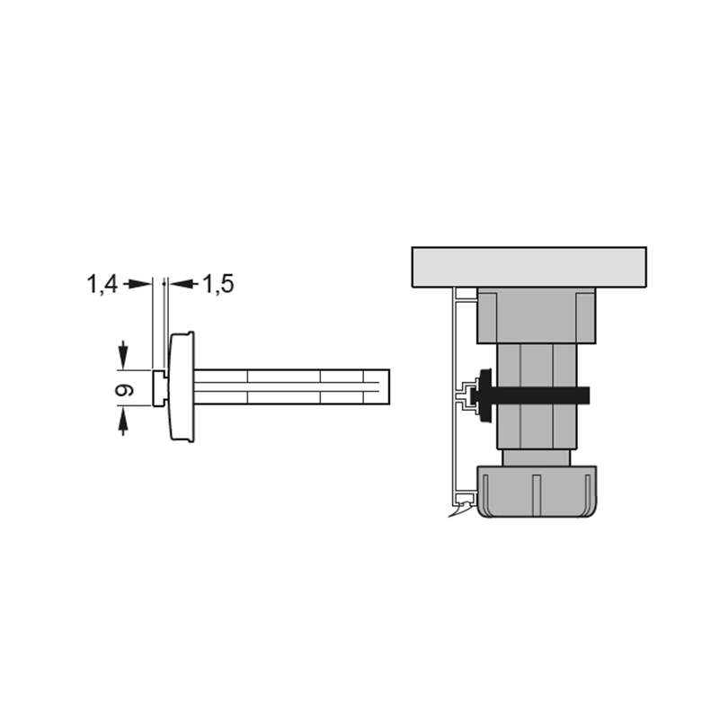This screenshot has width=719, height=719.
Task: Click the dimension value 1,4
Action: pos(102,284)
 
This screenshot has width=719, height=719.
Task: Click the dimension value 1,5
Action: pos(218,284)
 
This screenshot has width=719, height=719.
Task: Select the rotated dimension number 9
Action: pos(124,390)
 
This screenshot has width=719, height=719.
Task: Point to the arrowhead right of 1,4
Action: pos(139,284)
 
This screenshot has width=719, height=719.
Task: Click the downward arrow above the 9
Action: pos(122,354)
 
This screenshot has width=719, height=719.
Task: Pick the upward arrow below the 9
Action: pos(122,421)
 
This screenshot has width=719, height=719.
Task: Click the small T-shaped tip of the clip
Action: pos(160,388)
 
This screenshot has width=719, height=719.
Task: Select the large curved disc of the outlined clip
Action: pos(182,386)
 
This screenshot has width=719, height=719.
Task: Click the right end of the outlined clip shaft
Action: pos(389,387)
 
